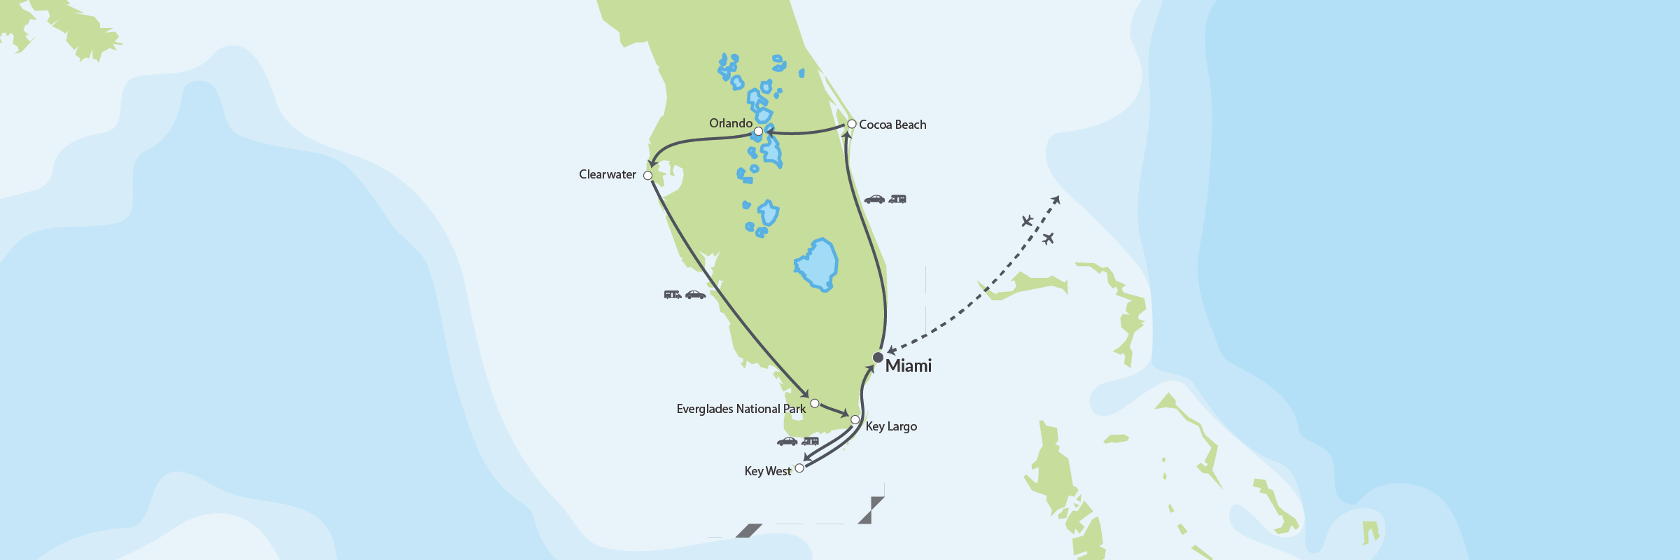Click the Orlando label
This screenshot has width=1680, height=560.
(730, 123)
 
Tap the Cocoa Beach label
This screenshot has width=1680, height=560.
(892, 125)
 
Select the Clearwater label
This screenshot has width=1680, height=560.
(607, 174)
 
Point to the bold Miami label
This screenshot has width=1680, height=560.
(908, 365)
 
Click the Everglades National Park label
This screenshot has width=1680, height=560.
(741, 409)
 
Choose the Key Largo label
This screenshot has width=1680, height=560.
(891, 426)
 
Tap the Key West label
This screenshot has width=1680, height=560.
(767, 471)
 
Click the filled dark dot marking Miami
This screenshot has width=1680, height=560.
(878, 358)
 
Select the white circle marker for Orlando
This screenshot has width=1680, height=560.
(758, 132)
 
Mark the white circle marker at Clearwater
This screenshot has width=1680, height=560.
(647, 176)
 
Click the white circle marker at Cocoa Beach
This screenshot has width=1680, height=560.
(852, 124)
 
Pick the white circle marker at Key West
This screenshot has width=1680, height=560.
(799, 468)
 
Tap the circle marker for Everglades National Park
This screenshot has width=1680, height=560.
(815, 403)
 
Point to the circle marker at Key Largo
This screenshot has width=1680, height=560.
(855, 420)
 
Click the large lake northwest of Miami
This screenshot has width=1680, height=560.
(817, 265)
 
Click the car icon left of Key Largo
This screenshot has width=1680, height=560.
(787, 442)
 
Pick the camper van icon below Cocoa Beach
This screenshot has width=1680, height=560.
(897, 199)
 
